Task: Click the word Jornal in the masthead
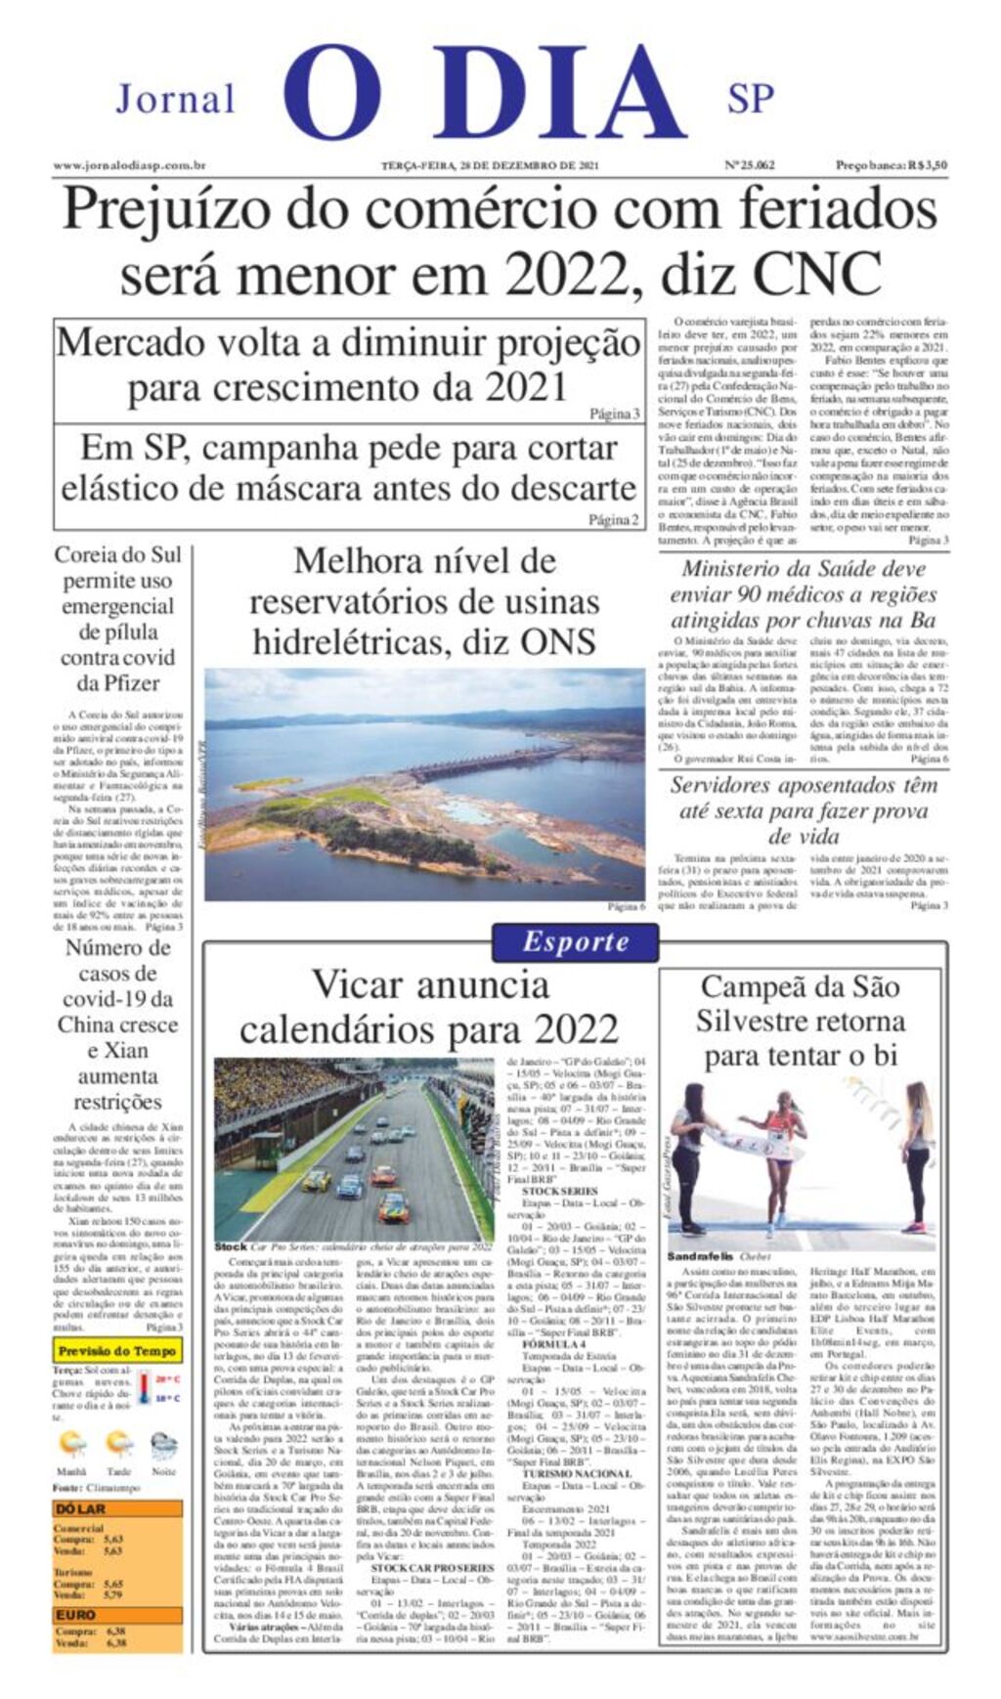click(x=176, y=99)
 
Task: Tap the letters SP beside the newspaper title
click(x=750, y=99)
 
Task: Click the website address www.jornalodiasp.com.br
click(x=129, y=166)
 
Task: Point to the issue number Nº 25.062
click(x=750, y=165)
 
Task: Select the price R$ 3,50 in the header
click(x=927, y=165)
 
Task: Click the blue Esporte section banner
click(x=575, y=941)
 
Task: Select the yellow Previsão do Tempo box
click(x=117, y=1351)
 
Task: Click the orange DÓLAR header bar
click(x=117, y=1508)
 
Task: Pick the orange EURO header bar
click(x=117, y=1615)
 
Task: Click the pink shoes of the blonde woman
click(x=913, y=1226)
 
